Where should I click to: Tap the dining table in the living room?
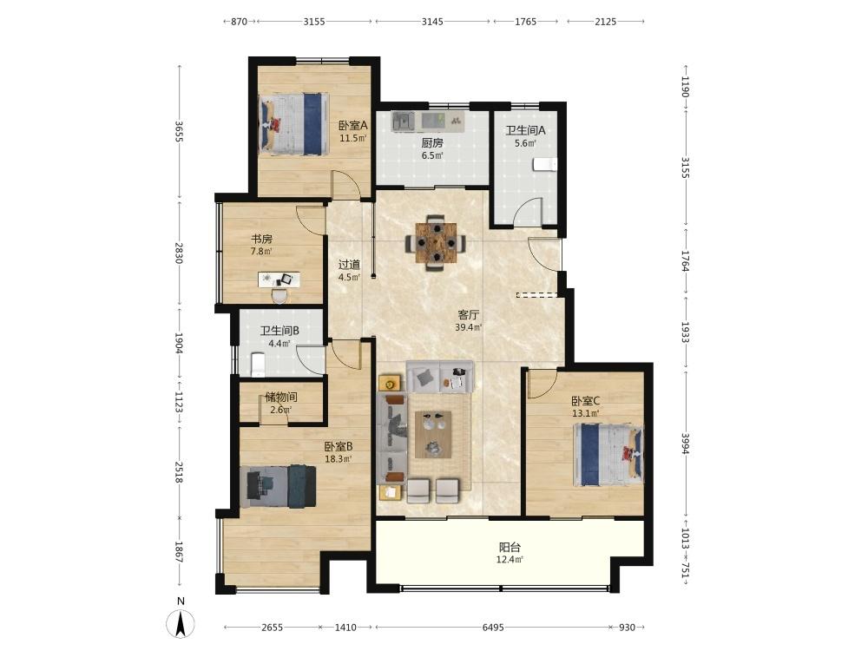437,242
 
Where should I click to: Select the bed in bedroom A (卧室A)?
293,123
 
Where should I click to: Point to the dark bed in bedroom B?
278,486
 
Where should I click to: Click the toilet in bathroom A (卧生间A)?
545,164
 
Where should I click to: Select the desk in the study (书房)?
279,279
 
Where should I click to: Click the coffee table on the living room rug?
433,434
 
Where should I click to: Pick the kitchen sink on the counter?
404,120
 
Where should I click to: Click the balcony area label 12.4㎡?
510,560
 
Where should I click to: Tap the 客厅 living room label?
469,314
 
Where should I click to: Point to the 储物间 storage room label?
281,397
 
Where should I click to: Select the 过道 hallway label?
349,265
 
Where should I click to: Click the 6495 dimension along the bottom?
493,628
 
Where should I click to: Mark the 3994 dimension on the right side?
686,444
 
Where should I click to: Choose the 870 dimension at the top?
239,22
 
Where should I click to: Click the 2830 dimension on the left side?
180,252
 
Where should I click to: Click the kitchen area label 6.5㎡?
432,155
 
